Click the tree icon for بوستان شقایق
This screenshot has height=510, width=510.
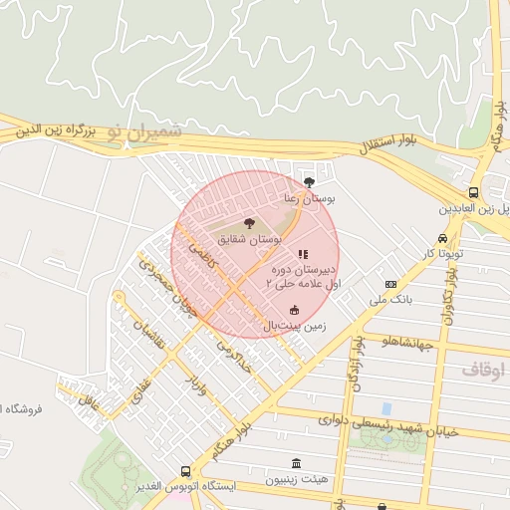pyautogui.click(x=249, y=223)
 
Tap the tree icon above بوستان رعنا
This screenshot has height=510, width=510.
pyautogui.click(x=310, y=182)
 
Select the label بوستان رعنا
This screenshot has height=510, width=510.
pyautogui.click(x=310, y=199)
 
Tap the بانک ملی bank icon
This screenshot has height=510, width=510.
pyautogui.click(x=391, y=284)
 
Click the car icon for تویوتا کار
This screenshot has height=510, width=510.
pyautogui.click(x=441, y=239)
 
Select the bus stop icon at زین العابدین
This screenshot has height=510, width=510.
pyautogui.click(x=473, y=193)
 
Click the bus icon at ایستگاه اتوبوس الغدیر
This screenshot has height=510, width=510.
pyautogui.click(x=185, y=470)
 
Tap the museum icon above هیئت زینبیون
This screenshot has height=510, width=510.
pyautogui.click(x=296, y=463)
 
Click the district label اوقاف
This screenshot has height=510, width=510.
pyautogui.click(x=483, y=370)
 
